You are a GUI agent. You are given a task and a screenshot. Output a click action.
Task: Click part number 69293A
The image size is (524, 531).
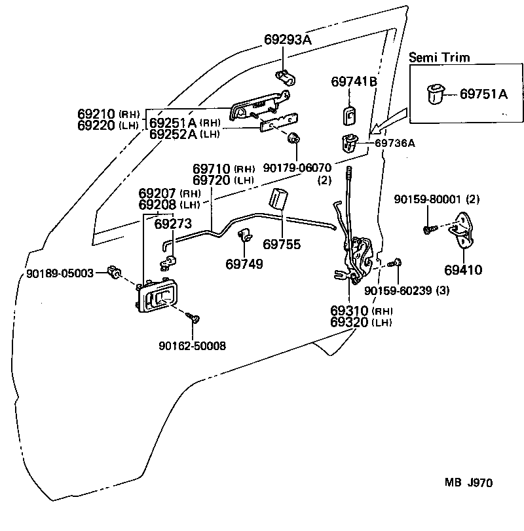pyautogui.click(x=288, y=40)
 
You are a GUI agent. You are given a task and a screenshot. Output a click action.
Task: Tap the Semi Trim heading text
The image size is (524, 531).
pyautogui.click(x=439, y=57)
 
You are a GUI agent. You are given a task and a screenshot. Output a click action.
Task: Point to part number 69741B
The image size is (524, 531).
pyautogui.click(x=354, y=81)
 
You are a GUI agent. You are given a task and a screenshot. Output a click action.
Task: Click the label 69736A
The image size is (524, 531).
pyautogui.click(x=395, y=142)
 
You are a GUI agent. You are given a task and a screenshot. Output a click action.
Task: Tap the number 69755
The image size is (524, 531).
pyautogui.click(x=282, y=244)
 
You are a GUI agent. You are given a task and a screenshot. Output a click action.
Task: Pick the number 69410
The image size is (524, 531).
pyautogui.click(x=462, y=268)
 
